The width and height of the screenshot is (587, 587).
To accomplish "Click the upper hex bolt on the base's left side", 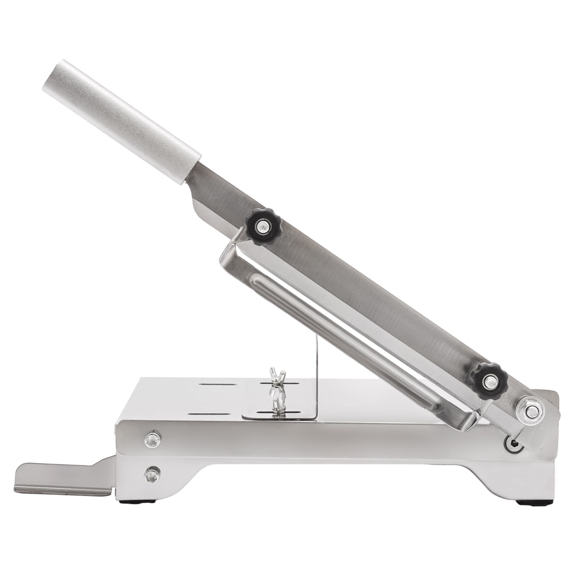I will [x=153, y=438].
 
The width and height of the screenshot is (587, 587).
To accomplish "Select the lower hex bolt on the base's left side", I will [x=153, y=474].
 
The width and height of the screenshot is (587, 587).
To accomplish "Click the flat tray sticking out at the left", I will [x=62, y=478].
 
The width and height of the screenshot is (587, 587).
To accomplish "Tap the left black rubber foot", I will [x=143, y=501].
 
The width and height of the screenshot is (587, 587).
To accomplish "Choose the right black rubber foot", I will [x=534, y=502].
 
